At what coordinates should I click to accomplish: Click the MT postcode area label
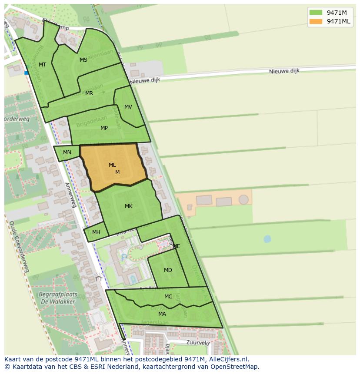click(x=42, y=65)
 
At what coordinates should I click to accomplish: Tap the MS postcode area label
click(x=83, y=60)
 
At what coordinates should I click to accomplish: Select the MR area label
click(x=89, y=93)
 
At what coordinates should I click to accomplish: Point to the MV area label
click(x=128, y=107)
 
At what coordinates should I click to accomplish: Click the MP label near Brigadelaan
click(x=104, y=128)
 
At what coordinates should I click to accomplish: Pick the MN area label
click(x=67, y=152)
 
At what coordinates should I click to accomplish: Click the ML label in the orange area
click(x=112, y=165)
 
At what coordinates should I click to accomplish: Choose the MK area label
click(x=129, y=206)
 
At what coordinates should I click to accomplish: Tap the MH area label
click(x=96, y=232)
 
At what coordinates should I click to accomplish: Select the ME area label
click(x=176, y=246)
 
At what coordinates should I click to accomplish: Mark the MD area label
click(x=168, y=270)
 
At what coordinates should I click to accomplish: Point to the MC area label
click(x=168, y=297)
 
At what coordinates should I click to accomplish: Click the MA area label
click(x=162, y=314)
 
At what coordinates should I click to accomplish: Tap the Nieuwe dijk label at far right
click(x=284, y=71)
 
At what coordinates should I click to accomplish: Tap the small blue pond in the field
click(x=267, y=238)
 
